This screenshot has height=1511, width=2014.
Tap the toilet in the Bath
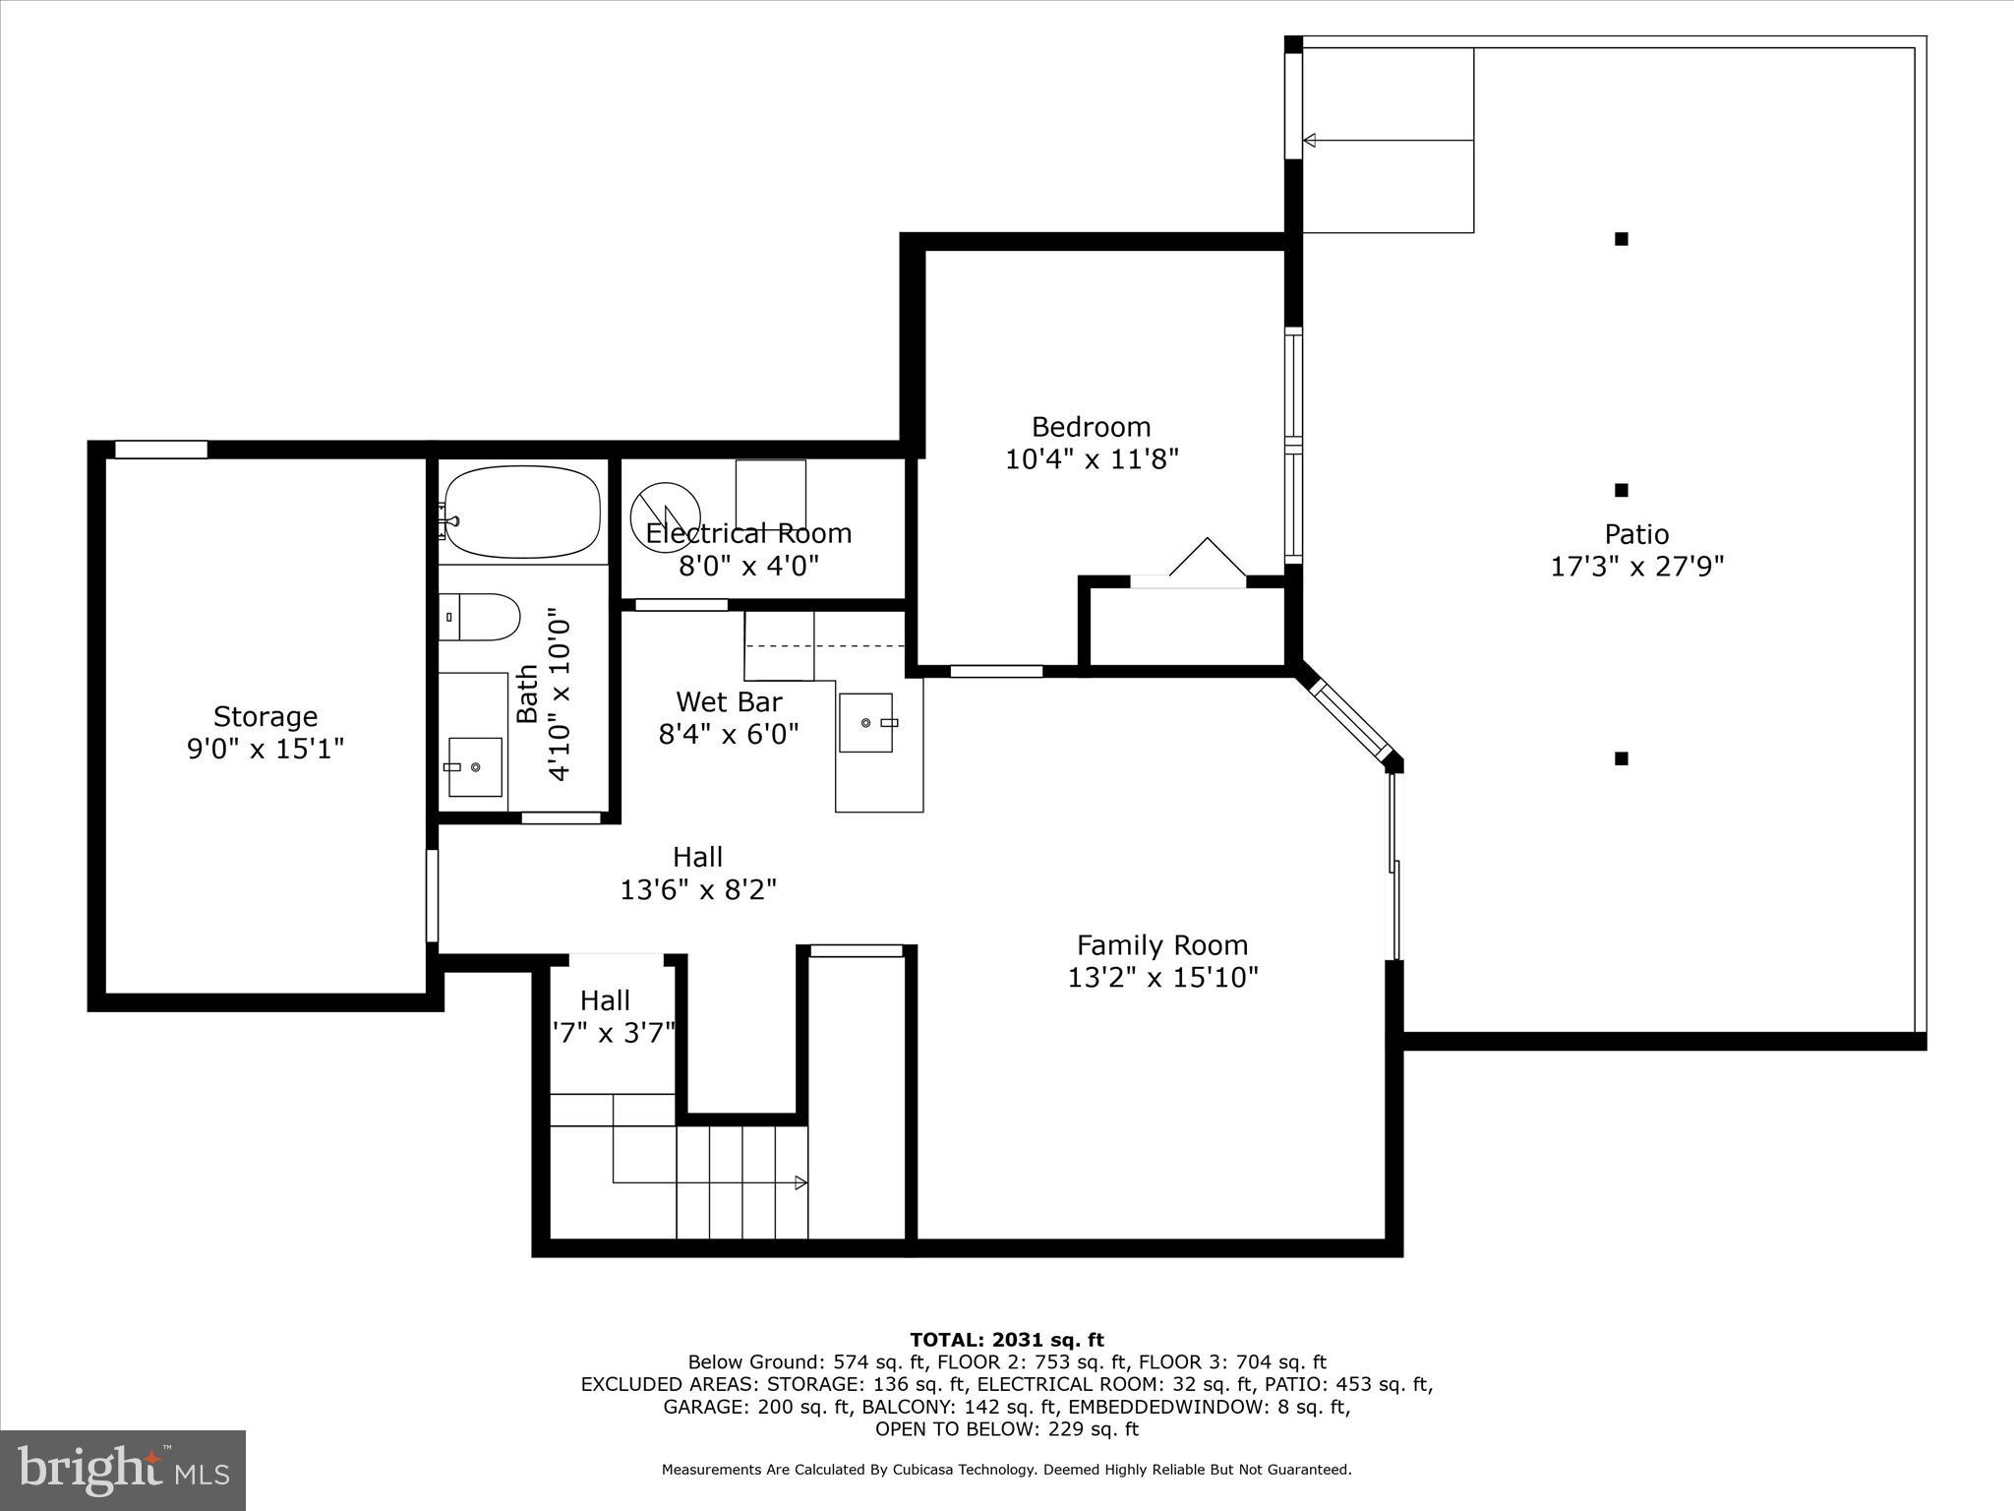pyautogui.click(x=480, y=617)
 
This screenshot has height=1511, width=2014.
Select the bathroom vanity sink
pyautogui.click(x=475, y=766)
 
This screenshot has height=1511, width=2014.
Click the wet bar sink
pyautogui.click(x=866, y=723)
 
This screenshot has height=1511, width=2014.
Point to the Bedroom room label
pyautogui.click(x=1091, y=427)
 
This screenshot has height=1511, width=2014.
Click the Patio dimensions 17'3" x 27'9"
pyautogui.click(x=1637, y=567)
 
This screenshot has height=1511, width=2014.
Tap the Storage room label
pyautogui.click(x=266, y=716)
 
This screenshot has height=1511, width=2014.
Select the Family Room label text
pyautogui.click(x=1162, y=945)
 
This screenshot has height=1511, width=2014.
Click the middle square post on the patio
pyautogui.click(x=1622, y=490)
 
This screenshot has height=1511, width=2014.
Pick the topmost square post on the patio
pyautogui.click(x=1622, y=238)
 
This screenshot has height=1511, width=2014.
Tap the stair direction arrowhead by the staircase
pyautogui.click(x=801, y=1182)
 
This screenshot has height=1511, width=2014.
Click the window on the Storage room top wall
pyautogui.click(x=161, y=450)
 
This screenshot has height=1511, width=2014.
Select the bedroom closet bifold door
pyautogui.click(x=1207, y=559)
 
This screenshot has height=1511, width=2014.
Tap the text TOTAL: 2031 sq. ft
pyautogui.click(x=1006, y=1340)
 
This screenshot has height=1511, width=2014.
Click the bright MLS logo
pyautogui.click(x=123, y=1470)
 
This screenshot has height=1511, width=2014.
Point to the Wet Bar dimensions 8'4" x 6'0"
pyautogui.click(x=728, y=734)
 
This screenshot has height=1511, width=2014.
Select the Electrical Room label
pyautogui.click(x=748, y=533)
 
